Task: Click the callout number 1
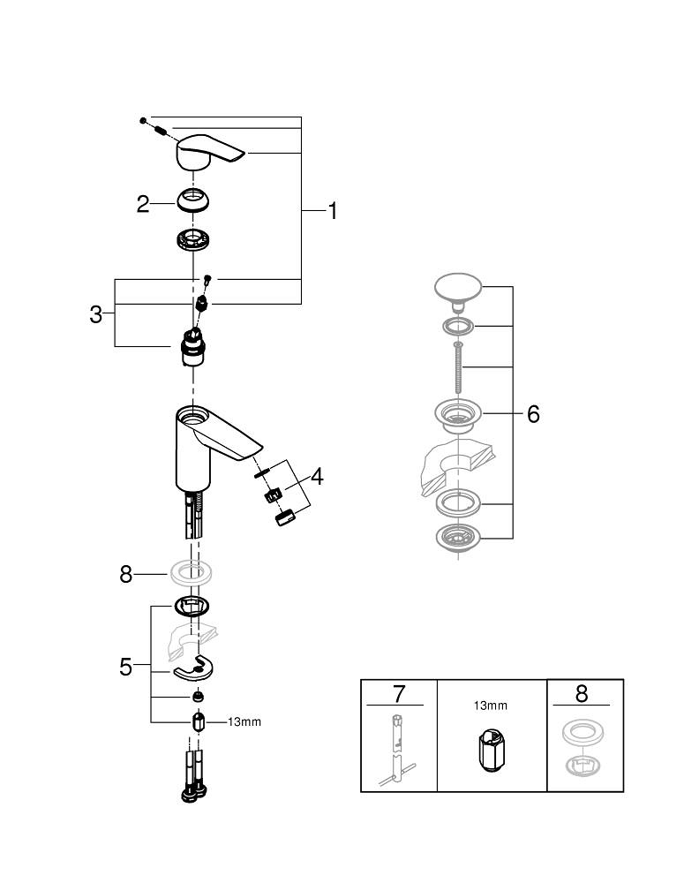tap(332, 211)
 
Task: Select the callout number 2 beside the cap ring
tap(143, 205)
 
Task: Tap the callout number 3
tap(96, 314)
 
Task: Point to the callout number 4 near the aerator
tap(316, 478)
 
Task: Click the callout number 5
tap(126, 667)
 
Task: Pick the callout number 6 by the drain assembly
tap(533, 414)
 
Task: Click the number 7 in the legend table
tap(398, 693)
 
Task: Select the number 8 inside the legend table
tap(581, 694)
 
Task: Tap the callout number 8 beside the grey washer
tap(126, 575)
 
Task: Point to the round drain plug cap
tap(458, 289)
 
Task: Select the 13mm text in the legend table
tap(492, 706)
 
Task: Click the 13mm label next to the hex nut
tap(244, 721)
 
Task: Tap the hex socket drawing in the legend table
tap(492, 752)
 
